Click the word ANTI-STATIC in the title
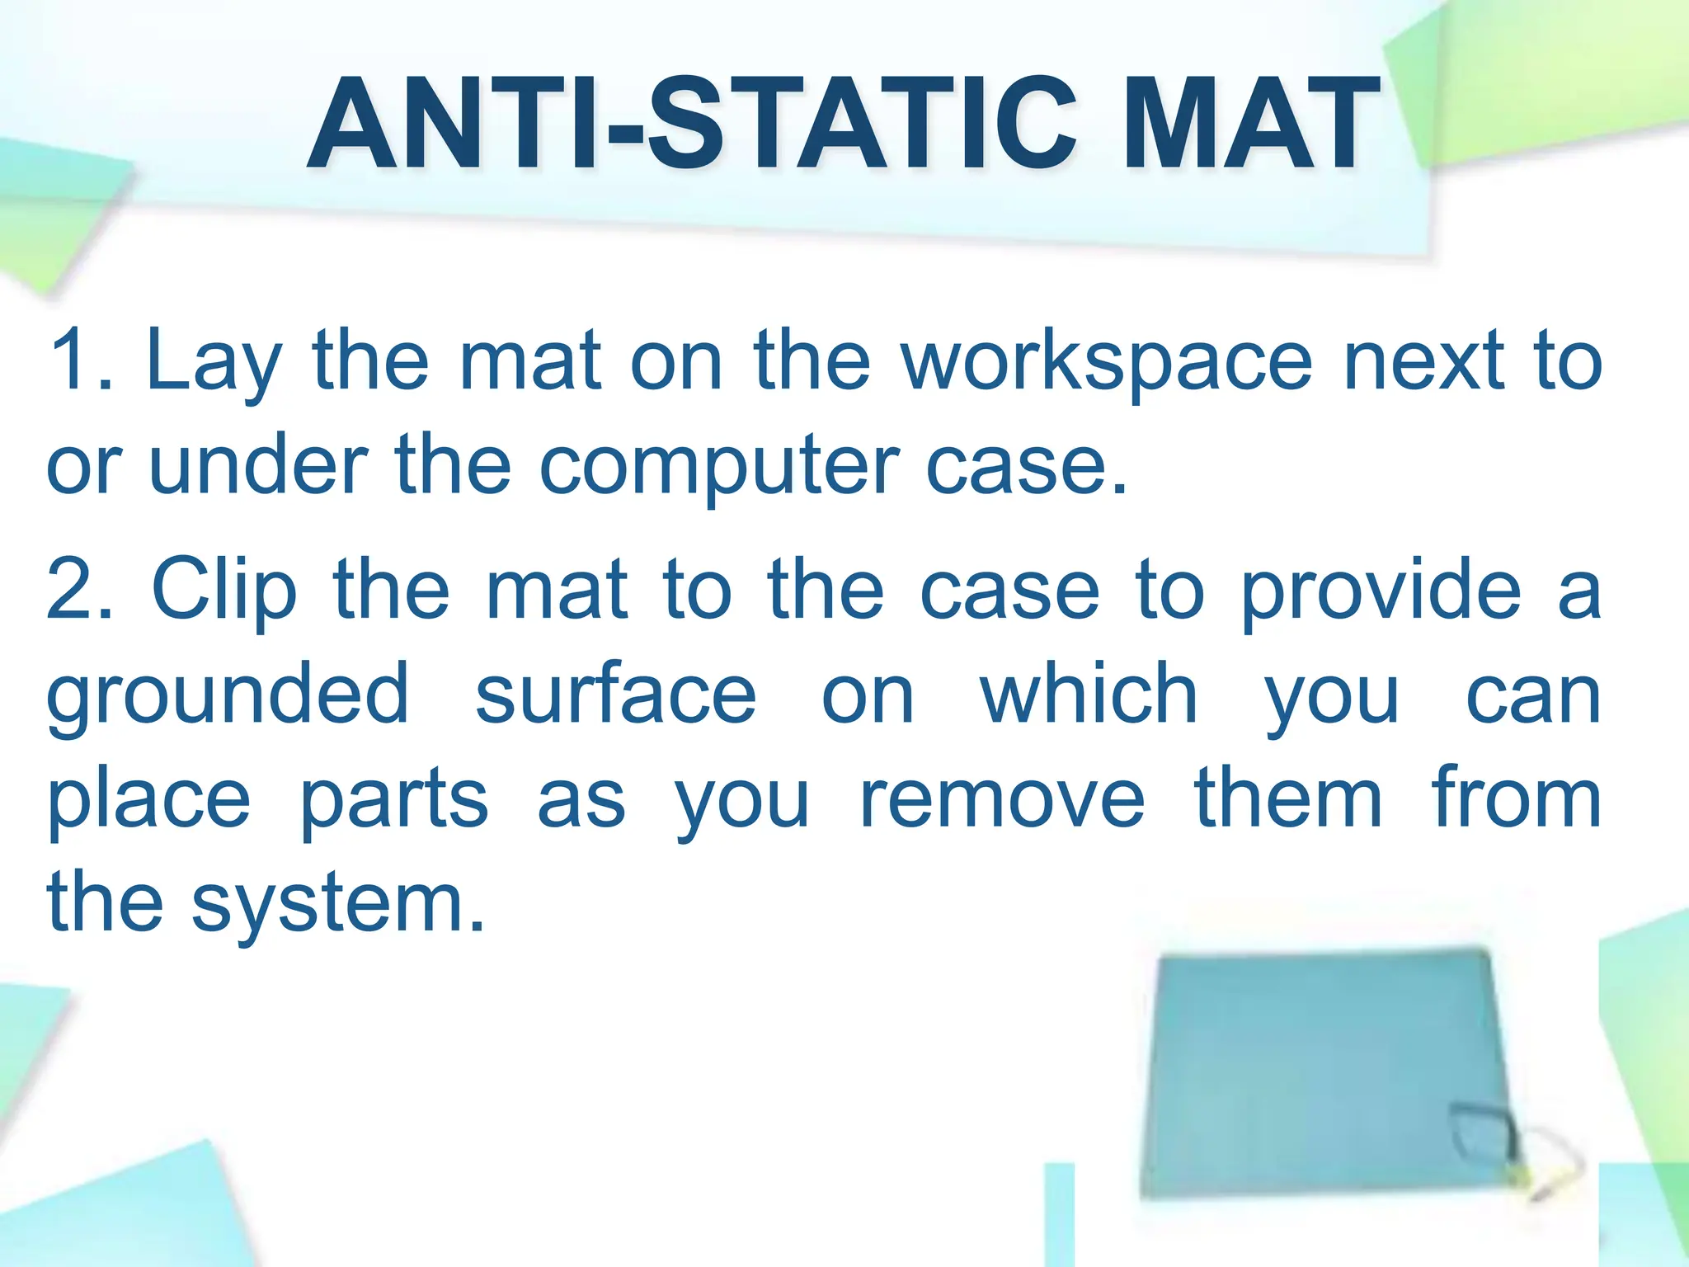[693, 124]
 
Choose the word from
[1516, 798]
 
